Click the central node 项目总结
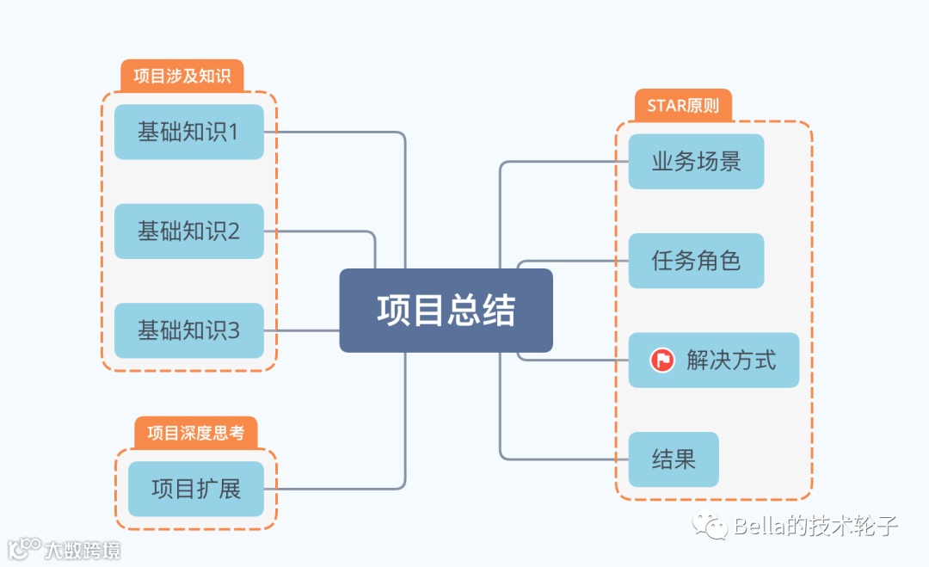coord(446,311)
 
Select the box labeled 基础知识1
coord(188,132)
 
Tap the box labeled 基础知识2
coord(188,231)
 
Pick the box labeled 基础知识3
coord(188,330)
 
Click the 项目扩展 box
coord(195,489)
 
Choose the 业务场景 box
coord(696,161)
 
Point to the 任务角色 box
coord(696,261)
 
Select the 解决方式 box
coord(713,360)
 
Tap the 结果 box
coord(674,459)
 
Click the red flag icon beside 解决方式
coord(662,360)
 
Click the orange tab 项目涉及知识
coord(182,76)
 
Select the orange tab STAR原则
coord(683,106)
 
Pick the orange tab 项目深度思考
coord(195,433)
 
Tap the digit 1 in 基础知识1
coord(233,133)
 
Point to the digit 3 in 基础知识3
coord(234,331)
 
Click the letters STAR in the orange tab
coord(667,106)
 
